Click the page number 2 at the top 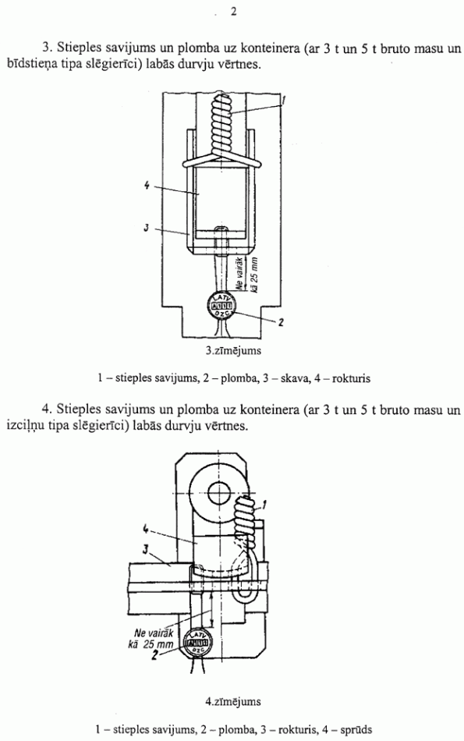coord(233,12)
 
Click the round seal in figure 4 coord(200,643)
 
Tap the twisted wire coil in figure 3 coord(220,128)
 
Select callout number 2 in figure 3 coord(281,323)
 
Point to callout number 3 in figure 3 coord(147,229)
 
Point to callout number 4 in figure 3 coord(147,186)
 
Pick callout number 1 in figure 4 coord(264,505)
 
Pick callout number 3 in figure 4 coord(146,549)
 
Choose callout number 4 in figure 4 coord(146,530)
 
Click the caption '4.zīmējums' coord(233,702)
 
